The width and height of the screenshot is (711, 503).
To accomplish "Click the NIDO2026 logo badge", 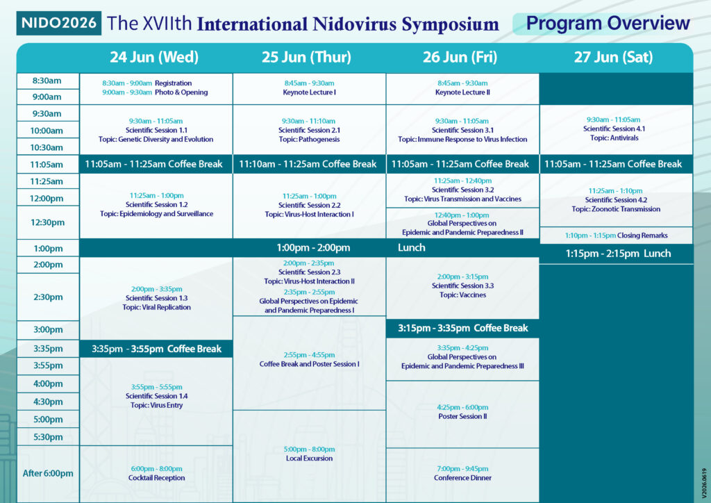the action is pyautogui.click(x=58, y=23).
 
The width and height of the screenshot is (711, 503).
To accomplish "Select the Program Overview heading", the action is pyautogui.click(x=608, y=23).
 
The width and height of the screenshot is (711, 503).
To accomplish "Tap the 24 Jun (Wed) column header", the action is pyautogui.click(x=154, y=57).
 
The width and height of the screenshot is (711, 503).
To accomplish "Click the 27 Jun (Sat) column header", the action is pyautogui.click(x=614, y=57).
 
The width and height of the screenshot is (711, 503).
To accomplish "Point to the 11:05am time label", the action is pyautogui.click(x=47, y=164).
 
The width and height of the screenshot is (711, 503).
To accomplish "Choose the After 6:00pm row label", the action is pyautogui.click(x=48, y=474).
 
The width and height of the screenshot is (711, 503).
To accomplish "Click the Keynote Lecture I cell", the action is pyautogui.click(x=309, y=88).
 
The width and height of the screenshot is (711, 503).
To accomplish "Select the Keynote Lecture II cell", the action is pyautogui.click(x=462, y=88).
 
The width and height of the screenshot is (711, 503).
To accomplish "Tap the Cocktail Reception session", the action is pyautogui.click(x=156, y=474).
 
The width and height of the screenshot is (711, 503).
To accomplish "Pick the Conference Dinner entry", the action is pyautogui.click(x=462, y=474).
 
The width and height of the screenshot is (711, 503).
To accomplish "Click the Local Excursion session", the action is pyautogui.click(x=309, y=454).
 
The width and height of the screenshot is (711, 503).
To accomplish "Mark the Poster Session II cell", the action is pyautogui.click(x=462, y=412).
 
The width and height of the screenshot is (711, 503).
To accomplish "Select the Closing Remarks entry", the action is pyautogui.click(x=617, y=236).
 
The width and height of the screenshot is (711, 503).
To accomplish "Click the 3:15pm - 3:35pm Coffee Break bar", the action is pyautogui.click(x=462, y=328).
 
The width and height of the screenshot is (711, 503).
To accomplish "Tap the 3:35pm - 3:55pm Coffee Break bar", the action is pyautogui.click(x=156, y=349).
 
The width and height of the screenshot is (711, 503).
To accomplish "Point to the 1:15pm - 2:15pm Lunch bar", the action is pyautogui.click(x=617, y=254).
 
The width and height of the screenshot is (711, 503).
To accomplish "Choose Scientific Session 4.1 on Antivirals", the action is pyautogui.click(x=614, y=129).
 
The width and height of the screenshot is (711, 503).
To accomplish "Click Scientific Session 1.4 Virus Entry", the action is pyautogui.click(x=156, y=396).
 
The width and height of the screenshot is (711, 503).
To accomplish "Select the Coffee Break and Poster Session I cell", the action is pyautogui.click(x=309, y=360).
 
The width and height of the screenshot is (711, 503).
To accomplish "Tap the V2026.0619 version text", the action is pyautogui.click(x=704, y=484).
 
